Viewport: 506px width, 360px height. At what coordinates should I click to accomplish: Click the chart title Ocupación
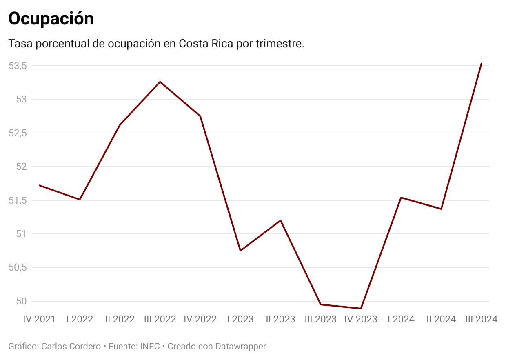(51, 18)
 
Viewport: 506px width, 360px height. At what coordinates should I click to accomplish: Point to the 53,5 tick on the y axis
(18, 66)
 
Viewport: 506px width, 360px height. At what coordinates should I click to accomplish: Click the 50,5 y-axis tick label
(18, 267)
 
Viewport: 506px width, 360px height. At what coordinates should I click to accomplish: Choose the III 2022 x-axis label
(160, 319)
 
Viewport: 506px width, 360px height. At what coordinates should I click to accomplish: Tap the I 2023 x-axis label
(240, 319)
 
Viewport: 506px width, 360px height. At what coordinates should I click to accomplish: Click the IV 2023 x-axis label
(361, 319)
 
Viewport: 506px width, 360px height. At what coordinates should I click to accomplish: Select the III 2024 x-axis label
(482, 319)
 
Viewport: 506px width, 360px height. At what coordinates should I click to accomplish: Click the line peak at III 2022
(160, 82)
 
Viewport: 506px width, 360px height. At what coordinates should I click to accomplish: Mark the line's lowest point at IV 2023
(361, 309)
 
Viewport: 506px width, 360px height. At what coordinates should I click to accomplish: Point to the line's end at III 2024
(482, 64)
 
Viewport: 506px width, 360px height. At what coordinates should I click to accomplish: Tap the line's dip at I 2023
(240, 251)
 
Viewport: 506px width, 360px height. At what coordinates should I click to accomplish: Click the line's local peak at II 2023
(281, 220)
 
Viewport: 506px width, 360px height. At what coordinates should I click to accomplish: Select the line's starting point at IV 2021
(39, 185)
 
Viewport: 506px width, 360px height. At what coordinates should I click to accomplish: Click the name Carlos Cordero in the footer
(71, 347)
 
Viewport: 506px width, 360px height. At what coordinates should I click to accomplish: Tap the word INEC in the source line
(150, 347)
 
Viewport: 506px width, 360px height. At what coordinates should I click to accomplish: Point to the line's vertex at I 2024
(401, 198)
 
